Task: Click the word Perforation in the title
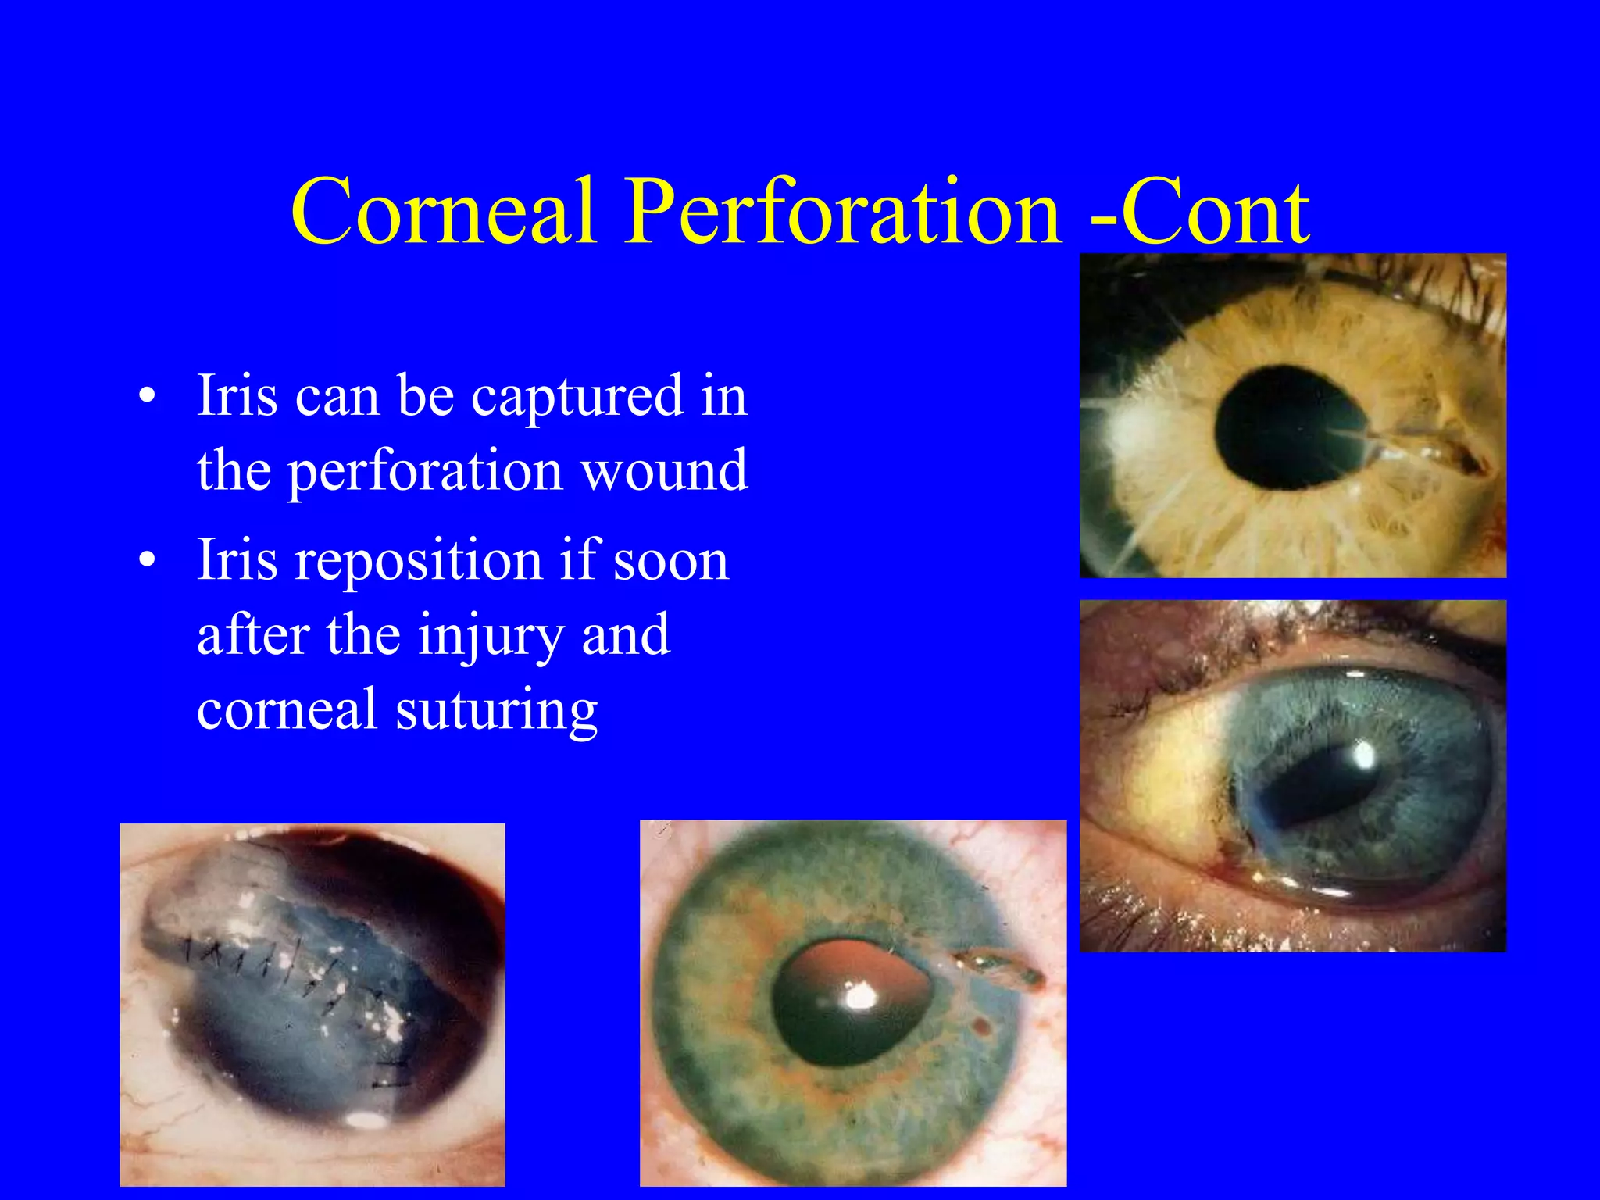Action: click(844, 211)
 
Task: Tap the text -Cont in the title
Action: click(1199, 211)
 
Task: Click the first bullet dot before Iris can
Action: click(147, 396)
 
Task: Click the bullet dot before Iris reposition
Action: click(147, 560)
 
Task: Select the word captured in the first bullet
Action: click(577, 396)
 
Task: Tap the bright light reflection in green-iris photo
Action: click(861, 996)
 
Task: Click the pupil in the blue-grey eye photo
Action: click(1312, 789)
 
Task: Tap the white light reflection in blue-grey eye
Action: click(1364, 754)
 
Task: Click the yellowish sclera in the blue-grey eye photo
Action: click(1172, 773)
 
